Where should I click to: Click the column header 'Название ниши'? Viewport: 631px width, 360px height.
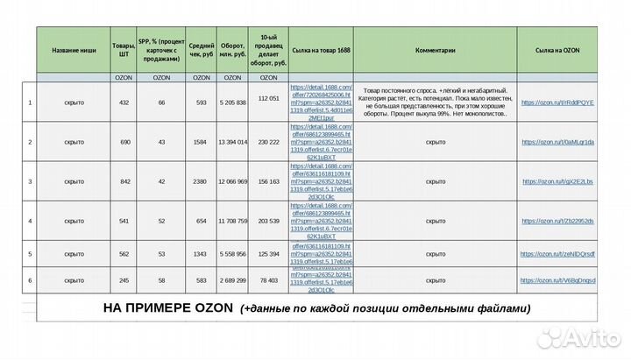click(x=74, y=51)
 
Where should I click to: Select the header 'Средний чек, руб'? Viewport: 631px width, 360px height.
click(x=201, y=51)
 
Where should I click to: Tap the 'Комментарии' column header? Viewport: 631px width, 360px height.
click(x=435, y=51)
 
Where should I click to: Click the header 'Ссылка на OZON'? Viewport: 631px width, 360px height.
click(x=557, y=51)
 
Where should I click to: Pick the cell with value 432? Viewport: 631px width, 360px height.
click(x=124, y=102)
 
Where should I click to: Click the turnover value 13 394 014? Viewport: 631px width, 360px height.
click(x=232, y=142)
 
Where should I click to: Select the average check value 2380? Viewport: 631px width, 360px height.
click(x=201, y=181)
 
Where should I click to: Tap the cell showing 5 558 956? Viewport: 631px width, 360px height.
click(x=232, y=254)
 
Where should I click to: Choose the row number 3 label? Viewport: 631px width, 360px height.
click(x=30, y=181)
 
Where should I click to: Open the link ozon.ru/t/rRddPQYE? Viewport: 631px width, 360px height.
click(x=557, y=102)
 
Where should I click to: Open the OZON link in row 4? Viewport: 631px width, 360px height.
click(x=558, y=222)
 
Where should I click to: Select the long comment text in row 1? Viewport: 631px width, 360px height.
click(x=435, y=102)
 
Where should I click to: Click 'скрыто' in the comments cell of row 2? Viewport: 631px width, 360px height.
click(x=435, y=142)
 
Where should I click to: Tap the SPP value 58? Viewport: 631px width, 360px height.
click(x=161, y=280)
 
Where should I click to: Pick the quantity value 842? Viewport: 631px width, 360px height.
click(x=124, y=181)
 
